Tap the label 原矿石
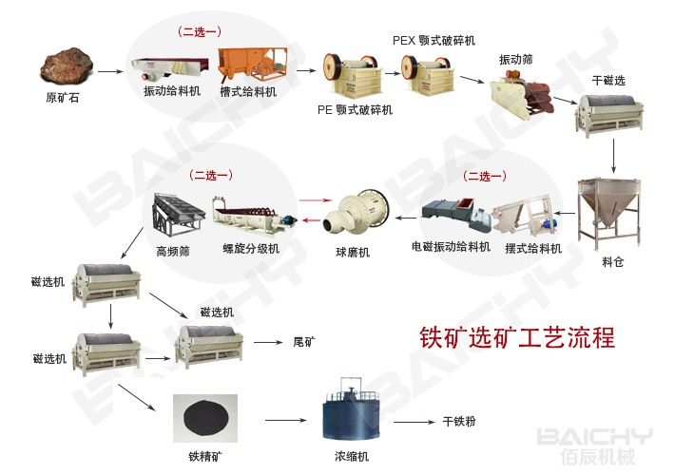64,97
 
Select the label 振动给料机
172,91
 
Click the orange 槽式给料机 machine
249,64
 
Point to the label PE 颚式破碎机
355,109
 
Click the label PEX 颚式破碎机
434,41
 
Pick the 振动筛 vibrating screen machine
522,93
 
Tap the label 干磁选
608,80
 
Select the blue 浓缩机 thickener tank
351,415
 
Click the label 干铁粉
459,421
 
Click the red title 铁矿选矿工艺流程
517,337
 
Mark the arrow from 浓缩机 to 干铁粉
413,422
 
